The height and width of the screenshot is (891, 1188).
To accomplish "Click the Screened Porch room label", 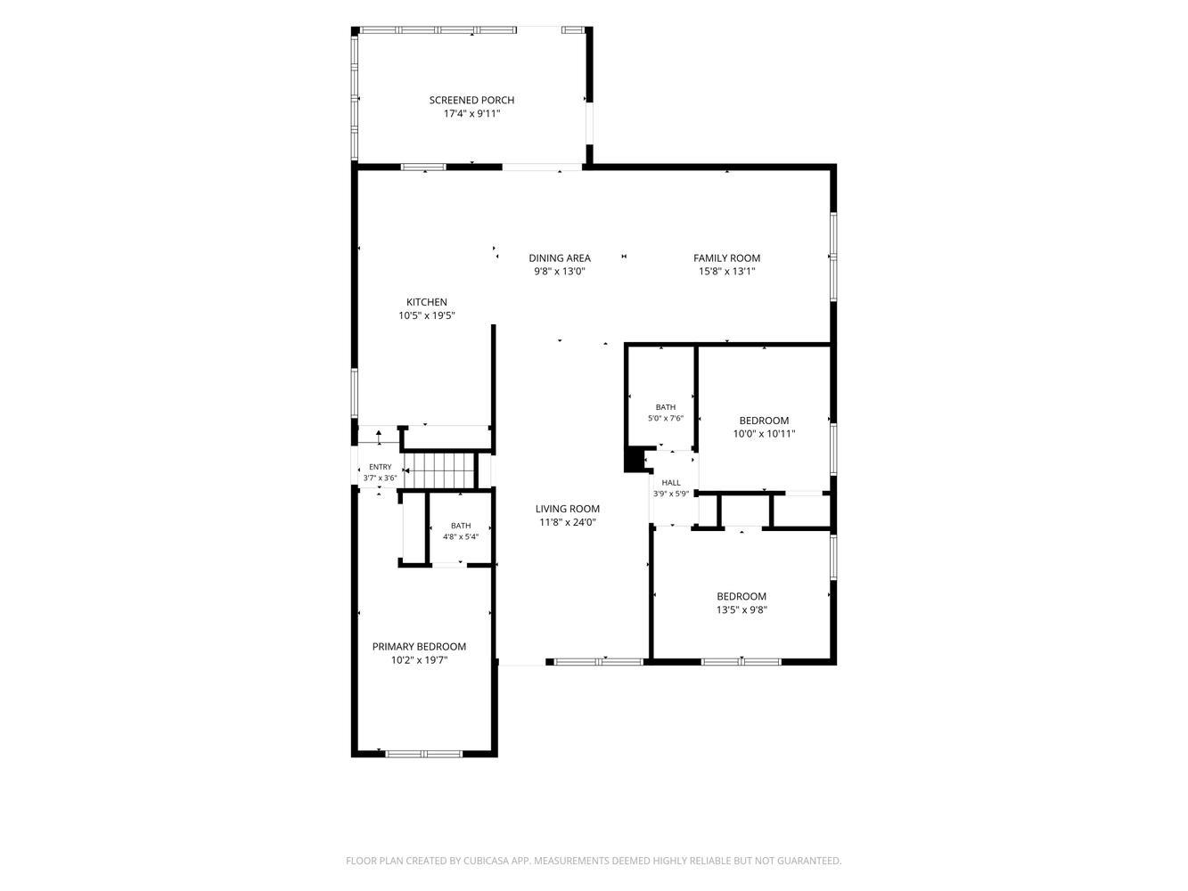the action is click(x=471, y=100).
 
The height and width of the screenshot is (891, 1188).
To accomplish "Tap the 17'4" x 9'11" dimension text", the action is click(x=471, y=114).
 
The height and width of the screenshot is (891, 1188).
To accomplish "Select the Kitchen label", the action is click(x=427, y=302).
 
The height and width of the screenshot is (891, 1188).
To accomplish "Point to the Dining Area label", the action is click(x=560, y=258).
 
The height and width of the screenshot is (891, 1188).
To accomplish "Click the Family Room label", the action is click(x=727, y=258).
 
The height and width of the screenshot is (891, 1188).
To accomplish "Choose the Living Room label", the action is click(x=567, y=509).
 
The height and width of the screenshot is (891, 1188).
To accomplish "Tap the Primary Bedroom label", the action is click(x=419, y=647).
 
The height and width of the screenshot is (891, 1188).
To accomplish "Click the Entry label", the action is click(x=380, y=467).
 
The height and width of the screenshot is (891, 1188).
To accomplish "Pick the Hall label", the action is click(x=671, y=483).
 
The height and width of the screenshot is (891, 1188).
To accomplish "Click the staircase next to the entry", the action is click(x=440, y=470).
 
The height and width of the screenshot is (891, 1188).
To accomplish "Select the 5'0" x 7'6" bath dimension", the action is click(x=666, y=418).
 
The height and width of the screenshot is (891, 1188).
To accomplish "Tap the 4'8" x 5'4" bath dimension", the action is click(x=461, y=536).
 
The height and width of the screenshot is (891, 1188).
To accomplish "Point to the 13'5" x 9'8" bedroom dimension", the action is click(x=741, y=609).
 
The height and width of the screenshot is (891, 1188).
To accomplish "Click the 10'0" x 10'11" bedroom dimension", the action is click(x=764, y=433).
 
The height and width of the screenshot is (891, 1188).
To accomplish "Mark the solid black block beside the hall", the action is click(x=634, y=460).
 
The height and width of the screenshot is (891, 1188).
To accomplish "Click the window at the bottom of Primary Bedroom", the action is click(x=424, y=754).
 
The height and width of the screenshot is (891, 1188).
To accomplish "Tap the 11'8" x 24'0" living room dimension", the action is click(x=567, y=522).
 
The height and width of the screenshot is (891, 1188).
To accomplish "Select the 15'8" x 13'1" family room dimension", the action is click(x=727, y=272).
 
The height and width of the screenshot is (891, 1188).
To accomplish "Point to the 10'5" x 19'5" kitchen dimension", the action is click(x=427, y=315).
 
